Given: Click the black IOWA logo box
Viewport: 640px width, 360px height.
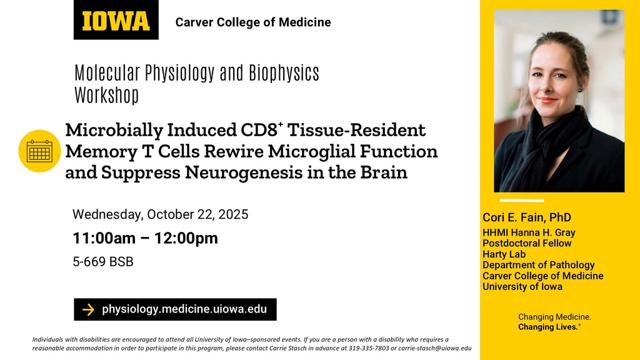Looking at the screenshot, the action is click(x=116, y=19).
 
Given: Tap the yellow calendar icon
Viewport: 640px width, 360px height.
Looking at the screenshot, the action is click(x=39, y=151).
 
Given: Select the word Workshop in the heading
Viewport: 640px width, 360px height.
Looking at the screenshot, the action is click(x=106, y=95).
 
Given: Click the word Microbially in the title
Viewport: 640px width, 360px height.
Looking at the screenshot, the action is click(x=114, y=130).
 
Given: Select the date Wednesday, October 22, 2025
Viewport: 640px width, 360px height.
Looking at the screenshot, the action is click(x=161, y=214).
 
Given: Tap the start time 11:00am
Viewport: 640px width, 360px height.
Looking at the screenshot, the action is click(x=104, y=238).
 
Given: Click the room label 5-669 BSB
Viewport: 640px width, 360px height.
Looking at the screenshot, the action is click(x=103, y=262).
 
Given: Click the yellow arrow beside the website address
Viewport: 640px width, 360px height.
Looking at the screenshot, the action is click(x=88, y=310).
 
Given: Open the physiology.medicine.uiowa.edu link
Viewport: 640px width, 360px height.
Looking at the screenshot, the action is click(x=184, y=309).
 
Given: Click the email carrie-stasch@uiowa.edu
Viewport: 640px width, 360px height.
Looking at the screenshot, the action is click(x=435, y=348).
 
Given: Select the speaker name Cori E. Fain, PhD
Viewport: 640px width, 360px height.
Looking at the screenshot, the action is click(x=527, y=217).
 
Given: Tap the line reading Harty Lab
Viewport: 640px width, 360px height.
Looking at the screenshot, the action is click(x=504, y=254).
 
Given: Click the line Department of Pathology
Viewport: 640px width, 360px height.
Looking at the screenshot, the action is click(x=538, y=265).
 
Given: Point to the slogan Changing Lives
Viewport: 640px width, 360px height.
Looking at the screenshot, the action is click(x=549, y=327).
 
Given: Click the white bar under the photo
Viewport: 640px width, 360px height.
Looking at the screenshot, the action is click(x=522, y=201).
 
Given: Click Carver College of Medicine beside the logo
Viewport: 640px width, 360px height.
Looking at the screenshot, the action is click(x=253, y=22).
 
